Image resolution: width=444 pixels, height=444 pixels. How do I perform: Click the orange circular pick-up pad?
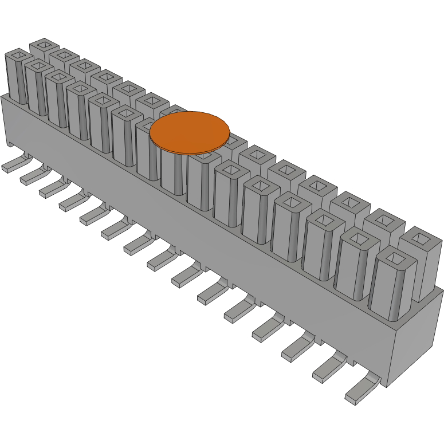coord(190,132)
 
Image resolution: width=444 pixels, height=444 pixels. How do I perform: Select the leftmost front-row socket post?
coord(17,77)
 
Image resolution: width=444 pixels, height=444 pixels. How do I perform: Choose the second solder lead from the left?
coord(32,178)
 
